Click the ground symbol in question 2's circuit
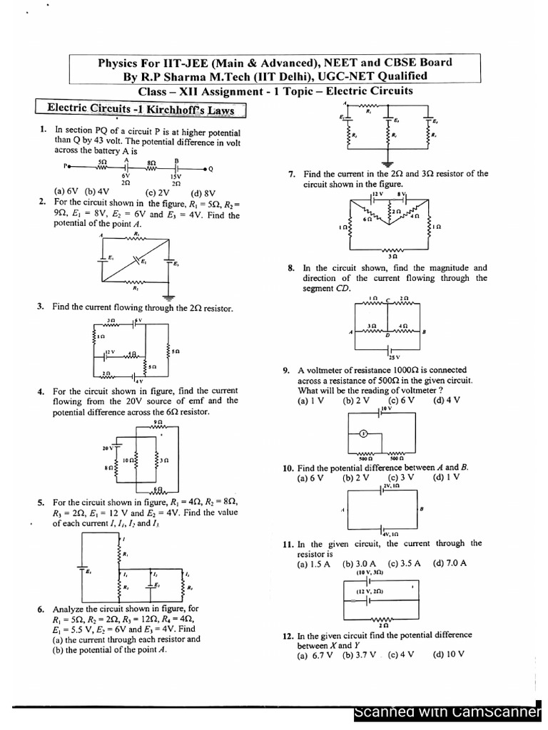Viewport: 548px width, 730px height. point(168,295)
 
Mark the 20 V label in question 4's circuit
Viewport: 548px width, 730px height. point(108,449)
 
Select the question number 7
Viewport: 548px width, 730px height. point(291,173)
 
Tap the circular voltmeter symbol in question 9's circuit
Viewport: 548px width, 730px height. point(362,432)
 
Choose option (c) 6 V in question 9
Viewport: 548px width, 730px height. point(401,401)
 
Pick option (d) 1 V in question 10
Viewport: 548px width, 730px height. point(445,478)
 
